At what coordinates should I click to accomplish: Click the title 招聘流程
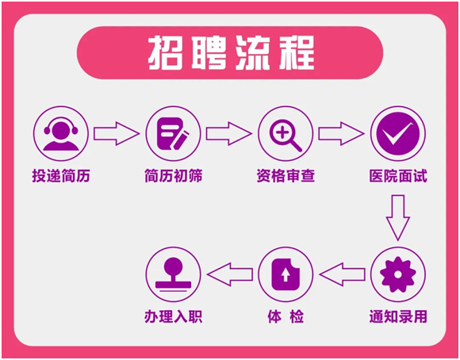(231, 53)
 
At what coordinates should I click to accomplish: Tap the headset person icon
(61, 133)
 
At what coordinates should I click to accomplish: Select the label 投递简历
(61, 176)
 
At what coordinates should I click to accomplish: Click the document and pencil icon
(173, 133)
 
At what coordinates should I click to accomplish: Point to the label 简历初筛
(174, 176)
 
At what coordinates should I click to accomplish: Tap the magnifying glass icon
(286, 133)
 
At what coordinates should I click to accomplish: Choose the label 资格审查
(286, 176)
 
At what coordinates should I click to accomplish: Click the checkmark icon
(398, 133)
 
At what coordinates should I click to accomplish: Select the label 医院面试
(398, 176)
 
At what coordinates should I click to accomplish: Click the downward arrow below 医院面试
(398, 218)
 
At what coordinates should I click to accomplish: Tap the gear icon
(398, 274)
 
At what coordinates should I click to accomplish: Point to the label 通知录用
(398, 317)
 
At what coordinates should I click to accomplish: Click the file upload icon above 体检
(286, 274)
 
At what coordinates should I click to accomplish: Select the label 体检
(286, 317)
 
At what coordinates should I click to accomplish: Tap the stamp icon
(173, 274)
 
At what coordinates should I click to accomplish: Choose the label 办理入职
(174, 317)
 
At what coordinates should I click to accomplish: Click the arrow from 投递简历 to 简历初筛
(117, 133)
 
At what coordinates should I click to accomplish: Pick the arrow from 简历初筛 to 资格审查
(229, 133)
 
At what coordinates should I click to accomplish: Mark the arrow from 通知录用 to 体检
(342, 274)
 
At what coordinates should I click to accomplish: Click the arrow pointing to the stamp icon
(230, 274)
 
